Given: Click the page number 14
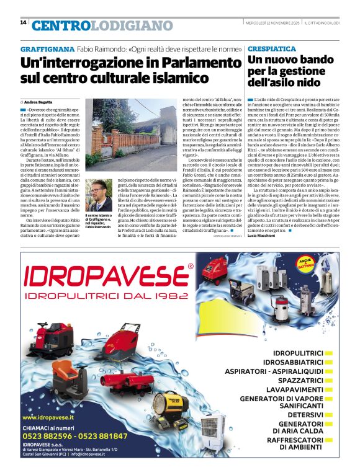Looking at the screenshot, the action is pyautogui.click(x=23, y=22).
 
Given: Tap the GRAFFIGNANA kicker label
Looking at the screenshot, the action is pyautogui.click(x=47, y=48).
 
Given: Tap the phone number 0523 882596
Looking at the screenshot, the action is pyautogui.click(x=47, y=436).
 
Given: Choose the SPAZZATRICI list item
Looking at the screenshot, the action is pyautogui.click(x=297, y=380).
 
